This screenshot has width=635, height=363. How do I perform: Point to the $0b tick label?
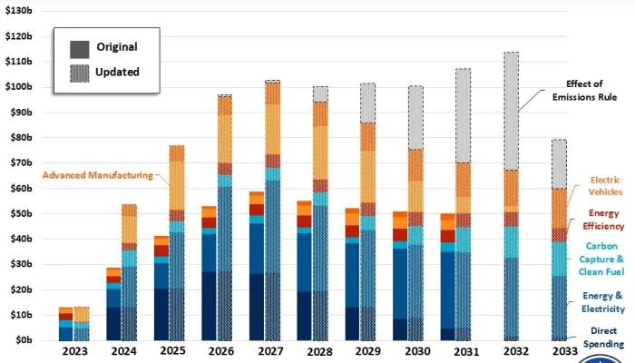pyautogui.click(x=21, y=340)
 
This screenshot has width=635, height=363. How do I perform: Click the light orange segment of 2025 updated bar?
pyautogui.click(x=178, y=186)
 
